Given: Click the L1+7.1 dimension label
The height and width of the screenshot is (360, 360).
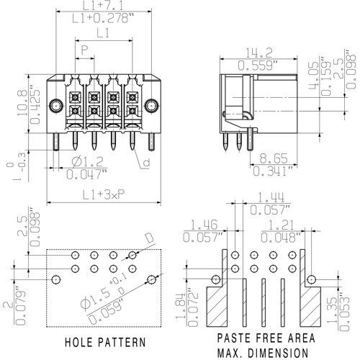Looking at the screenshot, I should click(x=103, y=6).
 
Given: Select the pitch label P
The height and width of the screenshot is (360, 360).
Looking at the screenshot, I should click(x=85, y=50).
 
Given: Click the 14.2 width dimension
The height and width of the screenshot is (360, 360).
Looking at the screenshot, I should click(x=259, y=52).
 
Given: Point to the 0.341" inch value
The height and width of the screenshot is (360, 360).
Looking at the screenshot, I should click(x=273, y=171).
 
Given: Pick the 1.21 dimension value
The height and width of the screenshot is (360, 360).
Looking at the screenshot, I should click(x=274, y=225).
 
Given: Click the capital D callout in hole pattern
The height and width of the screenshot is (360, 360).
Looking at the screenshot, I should click(x=149, y=239).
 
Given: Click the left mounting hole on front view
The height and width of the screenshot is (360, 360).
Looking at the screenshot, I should click(x=55, y=107).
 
